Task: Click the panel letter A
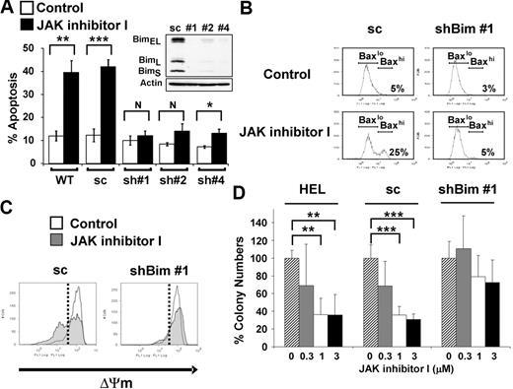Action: pyautogui.click(x=8, y=9)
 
